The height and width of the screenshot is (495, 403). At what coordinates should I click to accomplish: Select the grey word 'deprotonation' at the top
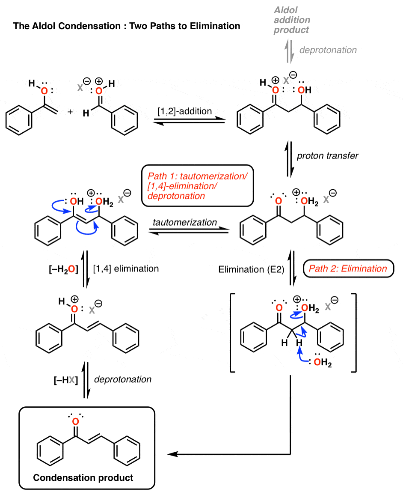328,50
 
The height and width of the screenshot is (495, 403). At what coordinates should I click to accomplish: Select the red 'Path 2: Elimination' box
349,268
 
